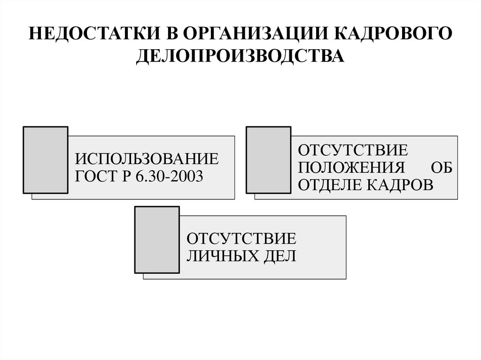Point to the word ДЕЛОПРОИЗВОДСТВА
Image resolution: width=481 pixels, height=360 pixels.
pyautogui.click(x=240, y=56)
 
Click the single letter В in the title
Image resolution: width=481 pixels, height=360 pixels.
pyautogui.click(x=172, y=33)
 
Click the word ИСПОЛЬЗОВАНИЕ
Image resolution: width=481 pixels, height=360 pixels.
pyautogui.click(x=147, y=159)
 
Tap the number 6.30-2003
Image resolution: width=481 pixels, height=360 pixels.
pyautogui.click(x=169, y=176)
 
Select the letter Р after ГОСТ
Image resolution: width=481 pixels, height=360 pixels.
pyautogui.click(x=127, y=176)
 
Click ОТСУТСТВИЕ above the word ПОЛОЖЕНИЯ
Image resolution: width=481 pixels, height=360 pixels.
pyautogui.click(x=353, y=150)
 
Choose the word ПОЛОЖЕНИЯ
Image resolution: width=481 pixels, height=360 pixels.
pyautogui.click(x=351, y=168)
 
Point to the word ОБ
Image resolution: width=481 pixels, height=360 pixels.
pyautogui.click(x=442, y=168)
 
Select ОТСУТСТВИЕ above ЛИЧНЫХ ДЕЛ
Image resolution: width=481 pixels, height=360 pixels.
pyautogui.click(x=241, y=238)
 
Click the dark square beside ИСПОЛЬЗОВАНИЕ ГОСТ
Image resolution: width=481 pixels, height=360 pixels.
pyautogui.click(x=46, y=160)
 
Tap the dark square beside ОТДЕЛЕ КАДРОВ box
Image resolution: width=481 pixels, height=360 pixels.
pyautogui.click(x=269, y=160)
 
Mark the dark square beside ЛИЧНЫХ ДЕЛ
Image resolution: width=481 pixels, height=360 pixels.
pyautogui.click(x=157, y=240)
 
